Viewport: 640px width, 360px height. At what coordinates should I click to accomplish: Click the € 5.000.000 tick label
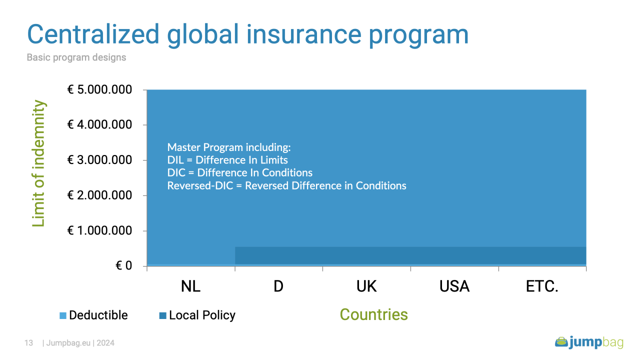[99, 89]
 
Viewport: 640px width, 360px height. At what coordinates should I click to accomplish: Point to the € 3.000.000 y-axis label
[99, 160]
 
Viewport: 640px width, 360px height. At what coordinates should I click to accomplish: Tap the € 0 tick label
[123, 265]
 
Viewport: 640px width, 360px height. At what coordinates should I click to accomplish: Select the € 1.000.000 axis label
[99, 230]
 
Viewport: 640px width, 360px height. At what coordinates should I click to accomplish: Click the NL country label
[191, 286]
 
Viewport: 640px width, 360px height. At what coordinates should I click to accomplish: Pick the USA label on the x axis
[454, 286]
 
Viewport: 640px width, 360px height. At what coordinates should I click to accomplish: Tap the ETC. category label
[542, 286]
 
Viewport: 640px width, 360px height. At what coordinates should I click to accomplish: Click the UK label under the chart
[366, 286]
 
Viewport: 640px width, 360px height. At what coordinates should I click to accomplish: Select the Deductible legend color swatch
[63, 315]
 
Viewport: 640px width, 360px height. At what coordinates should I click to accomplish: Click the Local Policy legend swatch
[162, 315]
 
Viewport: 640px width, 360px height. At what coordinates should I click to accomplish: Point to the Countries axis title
[373, 315]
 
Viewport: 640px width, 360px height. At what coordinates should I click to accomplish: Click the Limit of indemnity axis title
[38, 163]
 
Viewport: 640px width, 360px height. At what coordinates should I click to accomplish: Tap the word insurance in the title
[304, 34]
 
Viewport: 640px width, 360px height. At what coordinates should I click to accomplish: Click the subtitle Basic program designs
[76, 57]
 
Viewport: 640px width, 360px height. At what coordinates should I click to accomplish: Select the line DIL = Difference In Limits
[227, 160]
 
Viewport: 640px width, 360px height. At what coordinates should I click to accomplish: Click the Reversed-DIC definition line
[286, 185]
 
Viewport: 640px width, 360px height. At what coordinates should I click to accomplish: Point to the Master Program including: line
[229, 147]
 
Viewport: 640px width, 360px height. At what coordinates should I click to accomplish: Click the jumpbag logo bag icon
[561, 342]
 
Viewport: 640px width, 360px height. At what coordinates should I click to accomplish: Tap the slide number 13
[28, 343]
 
